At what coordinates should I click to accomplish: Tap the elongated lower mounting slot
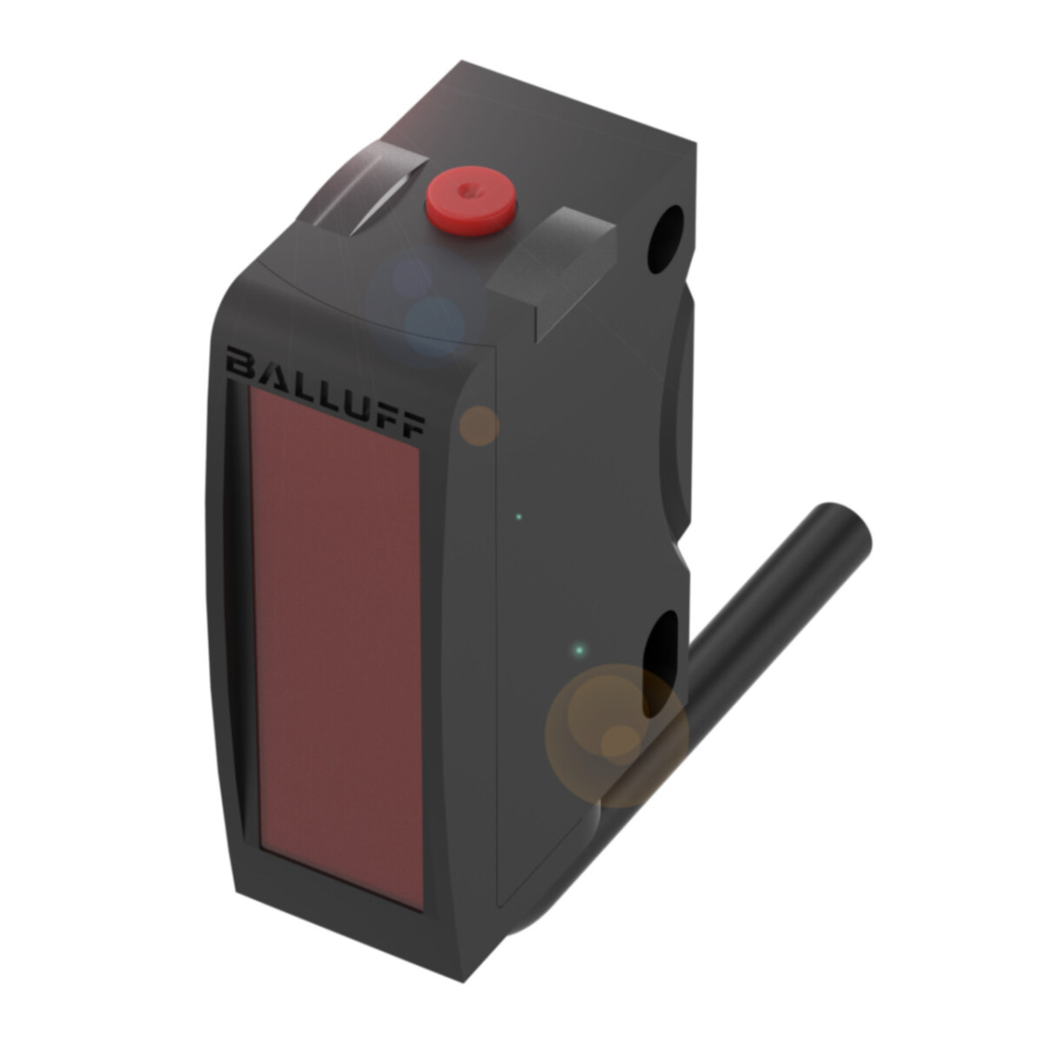(663, 662)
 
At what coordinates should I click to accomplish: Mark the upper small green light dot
(519, 517)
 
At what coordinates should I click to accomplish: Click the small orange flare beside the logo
(479, 426)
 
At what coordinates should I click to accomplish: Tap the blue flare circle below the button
(433, 323)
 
